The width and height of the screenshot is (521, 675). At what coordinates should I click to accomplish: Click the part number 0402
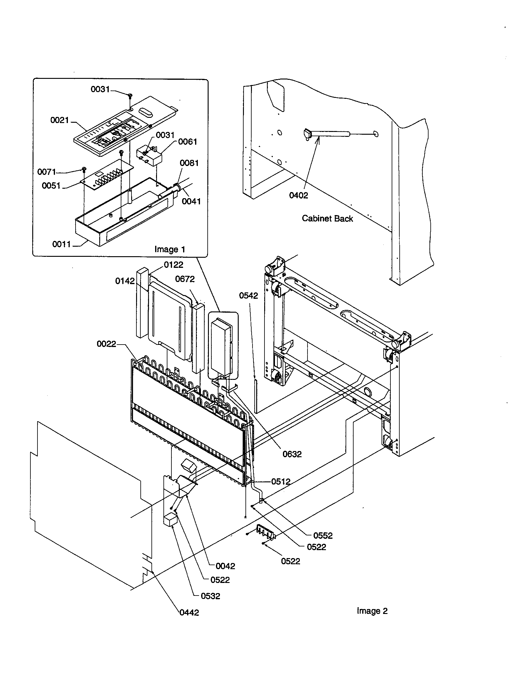click(x=298, y=195)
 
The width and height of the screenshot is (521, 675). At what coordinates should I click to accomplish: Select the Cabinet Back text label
click(x=327, y=218)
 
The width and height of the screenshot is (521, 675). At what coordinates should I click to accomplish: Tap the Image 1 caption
click(x=170, y=249)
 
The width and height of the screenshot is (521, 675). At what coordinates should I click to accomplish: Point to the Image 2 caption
click(x=372, y=611)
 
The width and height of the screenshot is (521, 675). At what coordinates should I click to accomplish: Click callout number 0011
click(x=61, y=244)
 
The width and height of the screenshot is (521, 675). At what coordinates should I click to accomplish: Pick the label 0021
click(x=60, y=120)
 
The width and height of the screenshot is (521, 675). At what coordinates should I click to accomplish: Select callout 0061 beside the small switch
click(x=187, y=141)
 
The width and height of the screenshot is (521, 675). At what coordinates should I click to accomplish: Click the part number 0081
click(x=189, y=163)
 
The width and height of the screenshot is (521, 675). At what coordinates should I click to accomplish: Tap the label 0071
click(x=47, y=172)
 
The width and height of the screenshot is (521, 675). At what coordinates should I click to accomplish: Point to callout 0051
click(x=51, y=186)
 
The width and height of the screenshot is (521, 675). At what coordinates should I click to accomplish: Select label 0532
click(x=210, y=596)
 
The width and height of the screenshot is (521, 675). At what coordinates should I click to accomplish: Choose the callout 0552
click(x=323, y=536)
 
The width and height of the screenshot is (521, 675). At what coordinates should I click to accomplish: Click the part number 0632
click(x=292, y=454)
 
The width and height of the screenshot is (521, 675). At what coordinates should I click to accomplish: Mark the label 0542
click(x=249, y=296)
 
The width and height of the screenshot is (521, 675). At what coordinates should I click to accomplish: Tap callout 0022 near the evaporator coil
click(x=106, y=344)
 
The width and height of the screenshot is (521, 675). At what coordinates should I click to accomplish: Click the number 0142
click(x=125, y=281)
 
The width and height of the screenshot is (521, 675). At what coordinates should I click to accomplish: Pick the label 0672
click(x=185, y=279)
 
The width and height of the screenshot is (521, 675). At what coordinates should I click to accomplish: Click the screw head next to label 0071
click(x=84, y=169)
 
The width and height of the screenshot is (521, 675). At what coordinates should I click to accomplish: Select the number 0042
click(x=225, y=566)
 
